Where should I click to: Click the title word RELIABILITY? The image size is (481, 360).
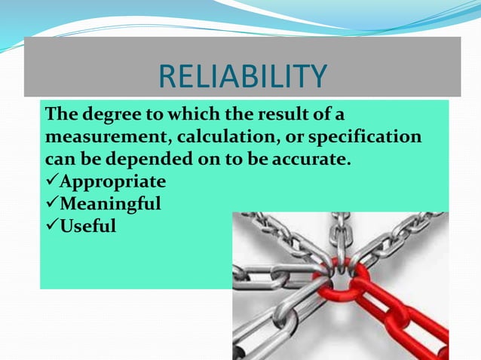[x=243, y=76]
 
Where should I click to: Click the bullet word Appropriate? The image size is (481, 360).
[x=112, y=182]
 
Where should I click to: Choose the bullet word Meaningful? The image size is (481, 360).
[x=110, y=203]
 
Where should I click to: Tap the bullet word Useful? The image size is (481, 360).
[x=88, y=224]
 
